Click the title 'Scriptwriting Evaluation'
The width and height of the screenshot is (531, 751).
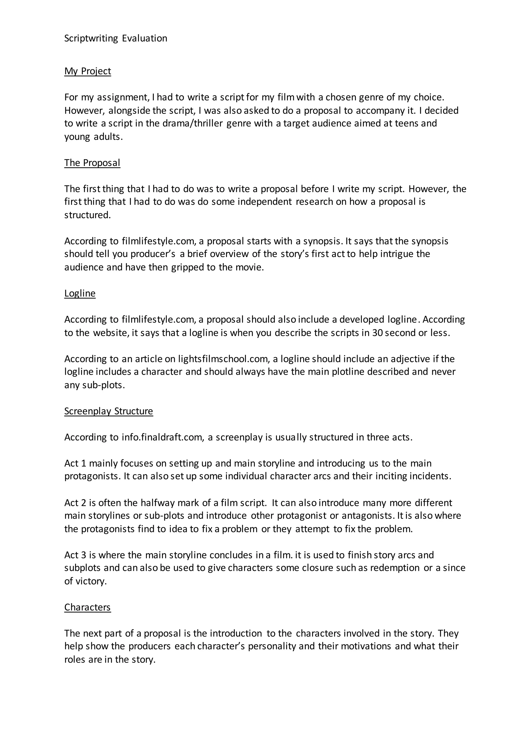pos(115,38)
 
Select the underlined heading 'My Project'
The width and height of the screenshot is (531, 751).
pos(88,71)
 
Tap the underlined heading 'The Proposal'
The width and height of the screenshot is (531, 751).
pos(92,163)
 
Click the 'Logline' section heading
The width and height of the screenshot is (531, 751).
pos(80,293)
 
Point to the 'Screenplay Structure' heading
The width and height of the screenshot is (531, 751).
pos(109,411)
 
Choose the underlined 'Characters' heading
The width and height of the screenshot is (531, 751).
pos(88,607)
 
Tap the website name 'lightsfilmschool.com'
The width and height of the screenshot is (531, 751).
pos(223,359)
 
